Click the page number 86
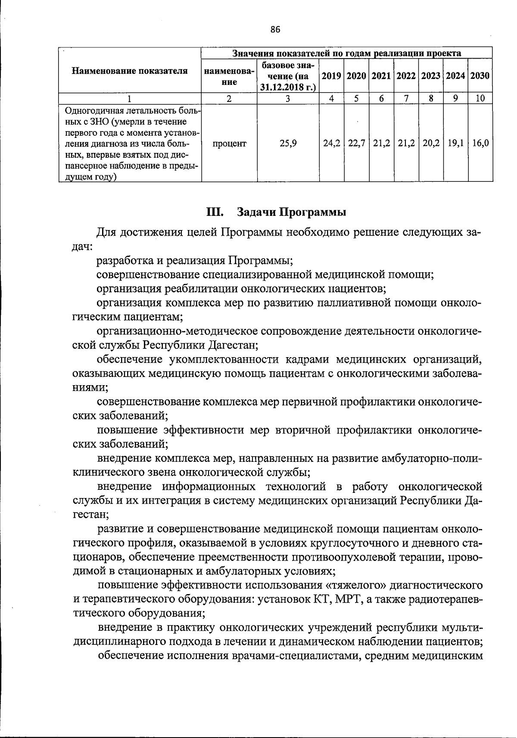pyautogui.click(x=275, y=29)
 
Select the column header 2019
pyautogui.click(x=331, y=76)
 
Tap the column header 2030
pyautogui.click(x=480, y=76)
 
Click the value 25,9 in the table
pyautogui.click(x=288, y=143)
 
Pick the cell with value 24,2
pyautogui.click(x=332, y=143)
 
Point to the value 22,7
pyautogui.click(x=357, y=143)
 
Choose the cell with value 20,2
pyautogui.click(x=431, y=143)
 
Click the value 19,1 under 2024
pyautogui.click(x=456, y=143)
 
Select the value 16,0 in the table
pyautogui.click(x=480, y=143)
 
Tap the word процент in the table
pyautogui.click(x=229, y=143)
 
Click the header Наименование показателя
pyautogui.click(x=130, y=71)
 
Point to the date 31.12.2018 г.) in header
pyautogui.click(x=288, y=87)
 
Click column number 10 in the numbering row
pyautogui.click(x=480, y=98)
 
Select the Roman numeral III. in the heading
pyautogui.click(x=215, y=212)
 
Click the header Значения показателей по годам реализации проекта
pyautogui.click(x=347, y=53)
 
